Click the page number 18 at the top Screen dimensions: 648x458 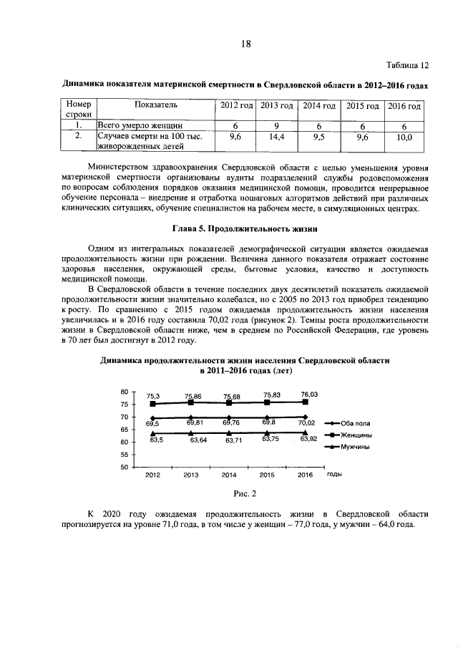(x=245, y=44)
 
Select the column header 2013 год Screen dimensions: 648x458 (x=277, y=106)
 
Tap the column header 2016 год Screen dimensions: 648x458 (x=404, y=106)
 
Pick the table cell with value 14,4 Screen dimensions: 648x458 (x=277, y=136)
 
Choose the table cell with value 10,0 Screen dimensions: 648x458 (x=404, y=136)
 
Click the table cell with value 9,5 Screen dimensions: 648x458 (x=319, y=136)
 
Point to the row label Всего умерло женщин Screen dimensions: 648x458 (x=142, y=125)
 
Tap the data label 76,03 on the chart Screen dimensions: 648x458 (x=309, y=395)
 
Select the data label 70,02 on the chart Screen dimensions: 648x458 (x=306, y=423)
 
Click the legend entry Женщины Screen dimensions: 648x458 (x=355, y=435)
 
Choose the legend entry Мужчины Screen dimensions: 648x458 (x=355, y=447)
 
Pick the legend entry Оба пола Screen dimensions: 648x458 (x=355, y=422)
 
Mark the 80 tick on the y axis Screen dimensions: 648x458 (x=124, y=392)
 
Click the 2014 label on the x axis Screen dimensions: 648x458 (x=229, y=475)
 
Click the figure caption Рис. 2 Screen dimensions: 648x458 (x=244, y=493)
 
